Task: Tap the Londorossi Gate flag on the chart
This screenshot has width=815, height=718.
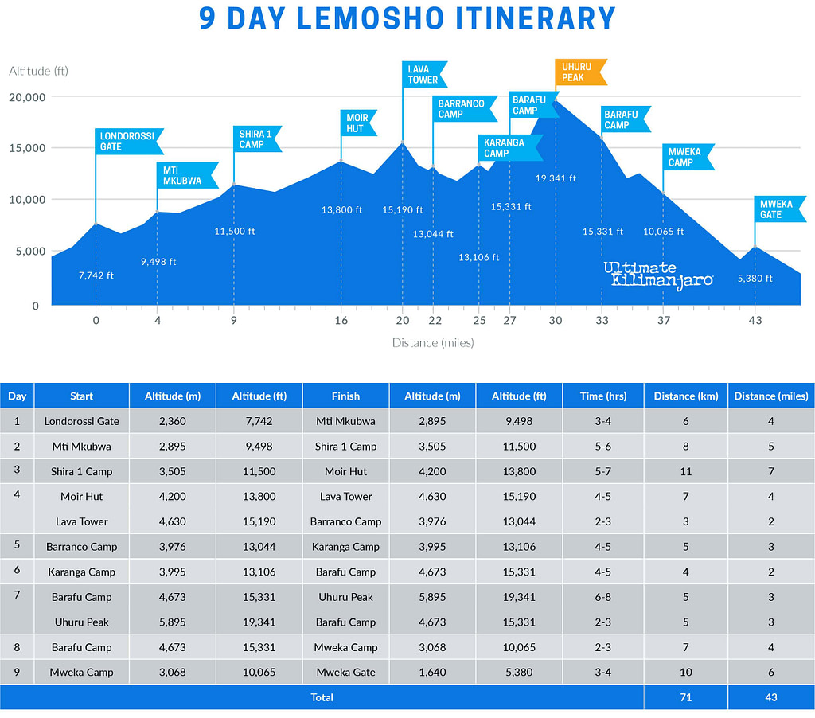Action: [127, 141]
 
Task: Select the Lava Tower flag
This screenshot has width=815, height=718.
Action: [423, 74]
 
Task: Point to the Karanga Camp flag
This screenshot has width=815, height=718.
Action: [508, 147]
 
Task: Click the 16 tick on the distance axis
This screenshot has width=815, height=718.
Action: [341, 321]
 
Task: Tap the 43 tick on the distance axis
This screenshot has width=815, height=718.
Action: [755, 321]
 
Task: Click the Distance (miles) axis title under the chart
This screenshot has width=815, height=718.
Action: [433, 343]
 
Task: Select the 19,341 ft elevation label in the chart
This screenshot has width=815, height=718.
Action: [556, 178]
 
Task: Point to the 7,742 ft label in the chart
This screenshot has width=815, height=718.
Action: [96, 275]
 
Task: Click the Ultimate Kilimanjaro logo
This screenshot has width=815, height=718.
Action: [657, 275]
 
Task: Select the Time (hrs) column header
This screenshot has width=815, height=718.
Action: [605, 396]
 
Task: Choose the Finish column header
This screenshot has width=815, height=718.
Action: [345, 396]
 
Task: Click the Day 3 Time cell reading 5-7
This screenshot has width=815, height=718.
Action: [605, 471]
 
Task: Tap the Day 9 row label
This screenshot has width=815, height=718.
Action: [17, 672]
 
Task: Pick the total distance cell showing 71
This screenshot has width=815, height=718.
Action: [686, 697]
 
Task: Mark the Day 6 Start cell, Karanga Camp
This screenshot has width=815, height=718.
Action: [81, 572]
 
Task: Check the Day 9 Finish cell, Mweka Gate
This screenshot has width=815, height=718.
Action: [345, 672]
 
